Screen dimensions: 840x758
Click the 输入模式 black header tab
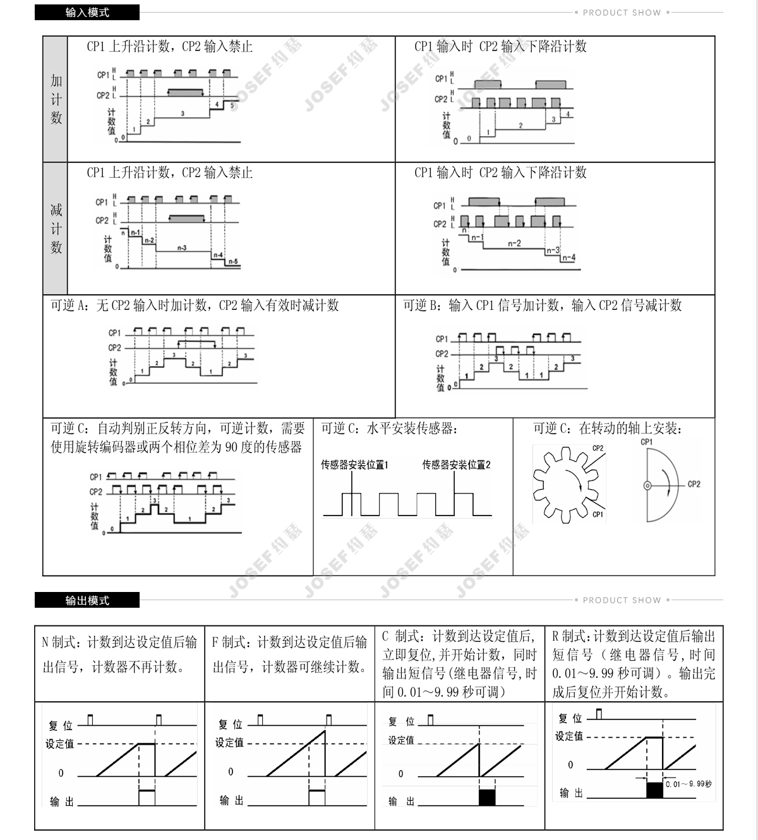click(x=87, y=12)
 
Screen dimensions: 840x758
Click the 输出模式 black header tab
click(x=87, y=600)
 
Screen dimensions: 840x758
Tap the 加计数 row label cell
click(x=56, y=99)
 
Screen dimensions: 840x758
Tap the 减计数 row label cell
click(x=56, y=228)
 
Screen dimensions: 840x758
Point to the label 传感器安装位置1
click(x=354, y=465)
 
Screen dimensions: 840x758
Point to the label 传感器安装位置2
click(x=456, y=465)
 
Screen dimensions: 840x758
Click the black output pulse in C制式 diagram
click(x=488, y=796)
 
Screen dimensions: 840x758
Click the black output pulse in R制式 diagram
click(x=654, y=790)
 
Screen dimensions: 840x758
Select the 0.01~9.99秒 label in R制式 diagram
click(x=688, y=784)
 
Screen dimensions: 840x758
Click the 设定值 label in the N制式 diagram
click(x=59, y=744)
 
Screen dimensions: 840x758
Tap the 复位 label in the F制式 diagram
click(x=230, y=724)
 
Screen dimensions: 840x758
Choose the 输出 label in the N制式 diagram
click(x=62, y=802)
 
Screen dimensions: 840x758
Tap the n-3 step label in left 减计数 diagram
click(x=181, y=248)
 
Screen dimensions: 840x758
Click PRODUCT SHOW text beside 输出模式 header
click(x=622, y=600)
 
